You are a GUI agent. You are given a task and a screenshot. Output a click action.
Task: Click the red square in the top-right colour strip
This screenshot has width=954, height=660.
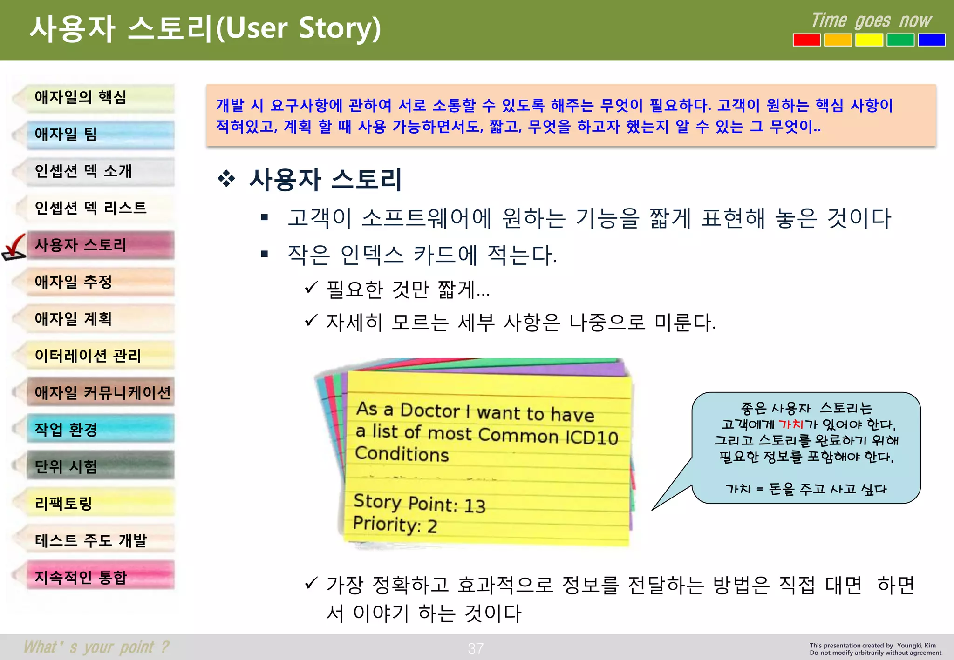pos(806,40)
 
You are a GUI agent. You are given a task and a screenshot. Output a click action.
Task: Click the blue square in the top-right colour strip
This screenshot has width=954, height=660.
pos(931,40)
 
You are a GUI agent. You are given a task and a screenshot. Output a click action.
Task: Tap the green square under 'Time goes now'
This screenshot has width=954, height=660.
pos(900,40)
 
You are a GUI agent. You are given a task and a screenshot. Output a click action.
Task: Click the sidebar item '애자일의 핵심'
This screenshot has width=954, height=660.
pos(93,98)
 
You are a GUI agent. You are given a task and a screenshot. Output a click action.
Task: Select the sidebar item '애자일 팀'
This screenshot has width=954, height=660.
pos(93,135)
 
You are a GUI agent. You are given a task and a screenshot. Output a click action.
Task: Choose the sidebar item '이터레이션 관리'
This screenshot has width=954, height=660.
pos(93,356)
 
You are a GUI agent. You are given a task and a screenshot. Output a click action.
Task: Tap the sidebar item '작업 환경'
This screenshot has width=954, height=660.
pos(93,429)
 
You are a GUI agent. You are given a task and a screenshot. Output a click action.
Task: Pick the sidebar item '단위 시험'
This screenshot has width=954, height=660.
pos(93,466)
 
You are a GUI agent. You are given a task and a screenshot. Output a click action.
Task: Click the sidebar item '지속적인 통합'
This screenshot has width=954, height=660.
pos(93,577)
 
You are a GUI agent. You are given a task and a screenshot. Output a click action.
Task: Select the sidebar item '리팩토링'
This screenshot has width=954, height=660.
pos(93,503)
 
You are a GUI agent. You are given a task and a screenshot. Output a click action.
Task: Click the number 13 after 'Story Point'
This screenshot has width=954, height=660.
pos(475,506)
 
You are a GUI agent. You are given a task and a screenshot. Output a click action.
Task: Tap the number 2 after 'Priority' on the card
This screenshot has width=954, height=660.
pos(432,526)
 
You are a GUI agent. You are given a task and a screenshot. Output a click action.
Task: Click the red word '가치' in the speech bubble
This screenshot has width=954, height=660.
pos(790,424)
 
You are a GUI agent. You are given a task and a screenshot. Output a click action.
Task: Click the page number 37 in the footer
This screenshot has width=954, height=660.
pos(476,648)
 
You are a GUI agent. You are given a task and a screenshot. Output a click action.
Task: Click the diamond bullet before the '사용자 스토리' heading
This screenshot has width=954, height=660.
pos(226,179)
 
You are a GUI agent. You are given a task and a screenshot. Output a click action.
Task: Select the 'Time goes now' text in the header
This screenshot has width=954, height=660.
pos(871,20)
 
